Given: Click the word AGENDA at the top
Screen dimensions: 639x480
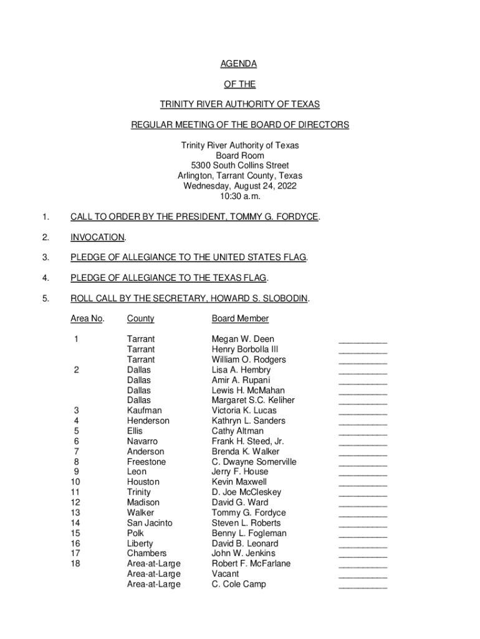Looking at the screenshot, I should (239, 64).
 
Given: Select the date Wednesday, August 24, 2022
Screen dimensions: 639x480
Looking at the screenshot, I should (240, 186).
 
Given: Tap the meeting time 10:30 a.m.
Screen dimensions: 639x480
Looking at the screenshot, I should (240, 196).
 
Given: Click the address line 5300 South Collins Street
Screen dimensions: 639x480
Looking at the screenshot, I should (240, 165).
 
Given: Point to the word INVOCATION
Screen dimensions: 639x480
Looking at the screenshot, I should (97, 237).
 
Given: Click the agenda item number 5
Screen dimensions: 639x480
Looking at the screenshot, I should (45, 298).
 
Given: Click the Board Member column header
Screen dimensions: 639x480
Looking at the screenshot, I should (240, 319).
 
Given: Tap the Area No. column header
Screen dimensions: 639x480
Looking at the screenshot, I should (87, 319).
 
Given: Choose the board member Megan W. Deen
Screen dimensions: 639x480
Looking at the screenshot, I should (242, 339).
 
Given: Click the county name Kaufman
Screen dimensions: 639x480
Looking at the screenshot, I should (144, 411).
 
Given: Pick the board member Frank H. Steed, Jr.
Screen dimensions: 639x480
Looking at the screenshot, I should (247, 441).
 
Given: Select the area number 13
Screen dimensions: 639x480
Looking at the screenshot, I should (75, 513).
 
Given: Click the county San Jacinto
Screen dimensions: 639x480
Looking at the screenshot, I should (150, 523).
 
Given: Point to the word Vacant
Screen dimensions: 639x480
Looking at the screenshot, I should (225, 574).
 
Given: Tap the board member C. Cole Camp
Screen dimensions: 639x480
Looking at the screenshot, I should (239, 584).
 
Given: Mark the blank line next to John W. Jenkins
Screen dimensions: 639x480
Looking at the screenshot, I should (362, 555).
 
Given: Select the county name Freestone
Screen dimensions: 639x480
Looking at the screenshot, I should (146, 462).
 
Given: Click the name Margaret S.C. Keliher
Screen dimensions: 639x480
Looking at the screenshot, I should (253, 401).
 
